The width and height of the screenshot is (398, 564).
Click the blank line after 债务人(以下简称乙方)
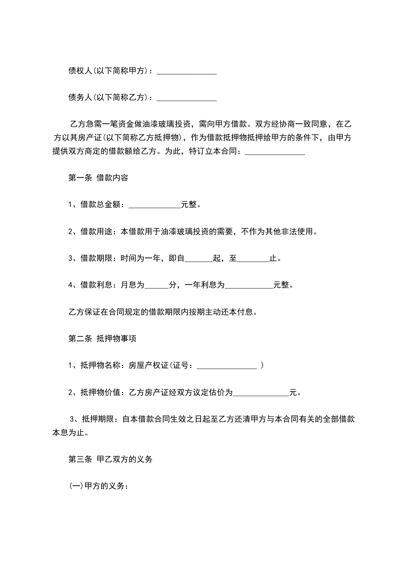[187, 98]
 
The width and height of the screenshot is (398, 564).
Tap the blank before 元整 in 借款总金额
[155, 205]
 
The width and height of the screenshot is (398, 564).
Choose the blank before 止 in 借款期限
[253, 259]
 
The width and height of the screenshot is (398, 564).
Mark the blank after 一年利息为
[248, 285]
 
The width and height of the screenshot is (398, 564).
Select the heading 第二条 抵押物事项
[102, 339]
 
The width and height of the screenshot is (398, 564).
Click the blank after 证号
[227, 365]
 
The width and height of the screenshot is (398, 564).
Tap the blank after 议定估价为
[261, 392]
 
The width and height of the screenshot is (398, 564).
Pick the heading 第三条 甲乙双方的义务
[110, 459]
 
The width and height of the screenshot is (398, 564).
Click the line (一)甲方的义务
[99, 486]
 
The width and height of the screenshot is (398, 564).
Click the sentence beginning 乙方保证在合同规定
[163, 312]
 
